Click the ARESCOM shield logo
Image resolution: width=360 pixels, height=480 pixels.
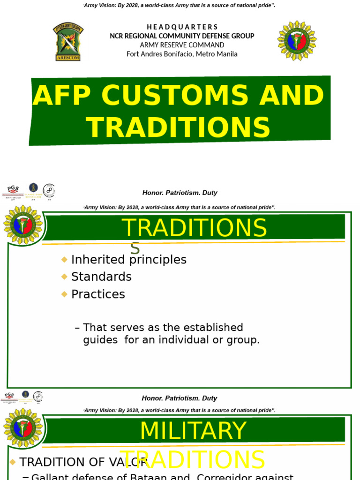[68, 41]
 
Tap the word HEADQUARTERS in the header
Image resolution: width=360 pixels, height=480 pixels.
[182, 27]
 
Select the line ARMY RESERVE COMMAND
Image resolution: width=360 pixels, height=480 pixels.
[182, 45]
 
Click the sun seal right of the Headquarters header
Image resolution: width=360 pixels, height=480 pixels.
[297, 41]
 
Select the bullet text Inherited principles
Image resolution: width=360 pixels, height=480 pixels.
[128, 260]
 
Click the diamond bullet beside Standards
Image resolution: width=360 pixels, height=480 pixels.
[64, 277]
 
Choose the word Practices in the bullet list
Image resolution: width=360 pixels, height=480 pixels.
[98, 294]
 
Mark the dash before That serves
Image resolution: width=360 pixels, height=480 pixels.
[77, 327]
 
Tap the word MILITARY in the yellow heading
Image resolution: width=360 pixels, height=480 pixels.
[193, 431]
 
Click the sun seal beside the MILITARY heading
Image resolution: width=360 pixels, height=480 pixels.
[22, 427]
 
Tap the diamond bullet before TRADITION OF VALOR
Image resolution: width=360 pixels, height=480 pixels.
[13, 462]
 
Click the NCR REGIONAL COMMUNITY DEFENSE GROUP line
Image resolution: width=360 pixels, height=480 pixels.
[182, 36]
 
